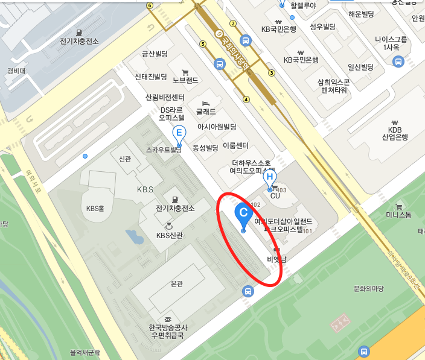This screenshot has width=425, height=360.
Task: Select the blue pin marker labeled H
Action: pyautogui.click(x=270, y=178)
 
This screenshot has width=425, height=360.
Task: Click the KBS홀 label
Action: pyautogui.click(x=95, y=209)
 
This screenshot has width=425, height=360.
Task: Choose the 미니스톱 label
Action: pyautogui.click(x=398, y=215)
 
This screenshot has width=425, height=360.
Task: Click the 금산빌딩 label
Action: pyautogui.click(x=154, y=54)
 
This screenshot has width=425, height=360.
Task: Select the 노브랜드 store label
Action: pyautogui.click(x=185, y=79)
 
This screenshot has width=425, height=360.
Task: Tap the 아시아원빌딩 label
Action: pyautogui.click(x=217, y=127)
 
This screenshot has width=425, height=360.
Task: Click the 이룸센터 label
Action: pyautogui.click(x=235, y=146)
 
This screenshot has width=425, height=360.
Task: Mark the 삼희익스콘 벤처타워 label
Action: pyautogui.click(x=334, y=86)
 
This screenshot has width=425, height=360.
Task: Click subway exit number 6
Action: pyautogui.click(x=149, y=5)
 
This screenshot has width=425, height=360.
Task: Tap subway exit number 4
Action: pyautogui.click(x=246, y=99)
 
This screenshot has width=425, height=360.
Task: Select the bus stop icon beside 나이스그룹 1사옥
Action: pyautogui.click(x=398, y=61)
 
